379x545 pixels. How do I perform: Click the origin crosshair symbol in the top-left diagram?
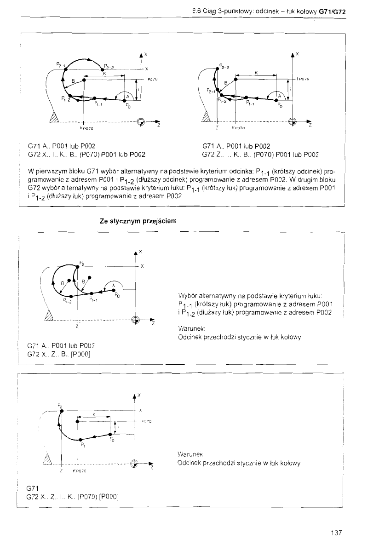click(141, 121)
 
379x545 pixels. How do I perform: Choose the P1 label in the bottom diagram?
click(83, 444)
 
